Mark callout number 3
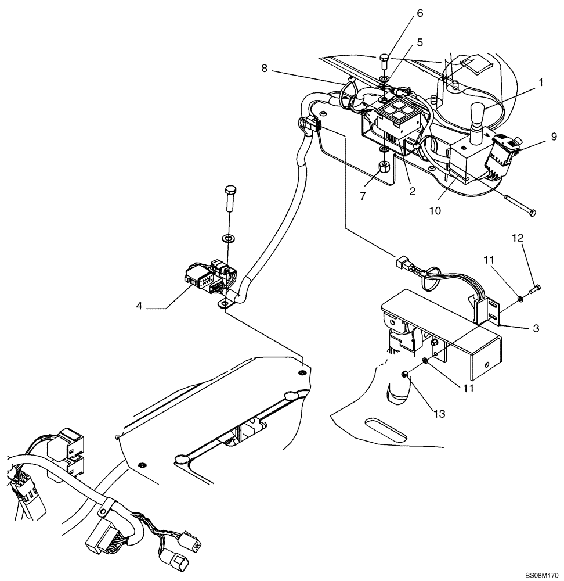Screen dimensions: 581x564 [x=536, y=328]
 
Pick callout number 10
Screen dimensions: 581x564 [x=435, y=211]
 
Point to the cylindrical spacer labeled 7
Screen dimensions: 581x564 [x=384, y=169]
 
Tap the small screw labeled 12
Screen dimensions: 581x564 [x=536, y=286]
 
